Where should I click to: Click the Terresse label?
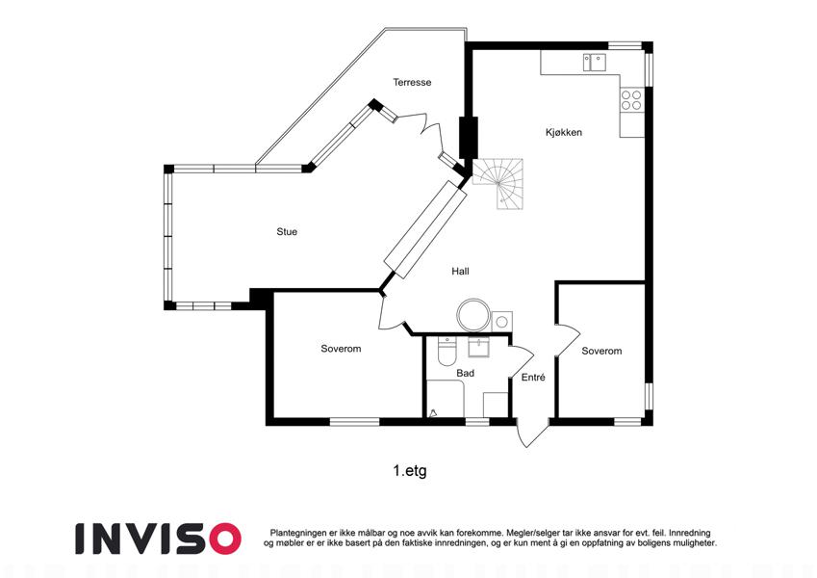pos(412,82)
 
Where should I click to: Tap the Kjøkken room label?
pos(564,133)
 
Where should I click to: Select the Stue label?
pos(287,231)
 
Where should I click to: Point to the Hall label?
pos(460,272)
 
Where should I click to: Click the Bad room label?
pos(466,373)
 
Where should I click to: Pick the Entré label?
pos(533,378)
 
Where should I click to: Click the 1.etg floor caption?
pos(410,470)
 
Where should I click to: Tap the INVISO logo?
pos(158,539)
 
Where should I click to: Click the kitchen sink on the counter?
pos(595,62)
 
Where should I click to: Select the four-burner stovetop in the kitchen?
pos(631,99)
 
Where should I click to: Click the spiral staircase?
pos(498,184)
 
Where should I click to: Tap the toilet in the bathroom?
pos(447,351)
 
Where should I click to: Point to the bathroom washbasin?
pos(479,348)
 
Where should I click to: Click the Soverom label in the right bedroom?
pos(601,351)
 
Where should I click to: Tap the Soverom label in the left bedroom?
pos(341,349)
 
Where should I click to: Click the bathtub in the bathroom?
pos(446,399)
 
